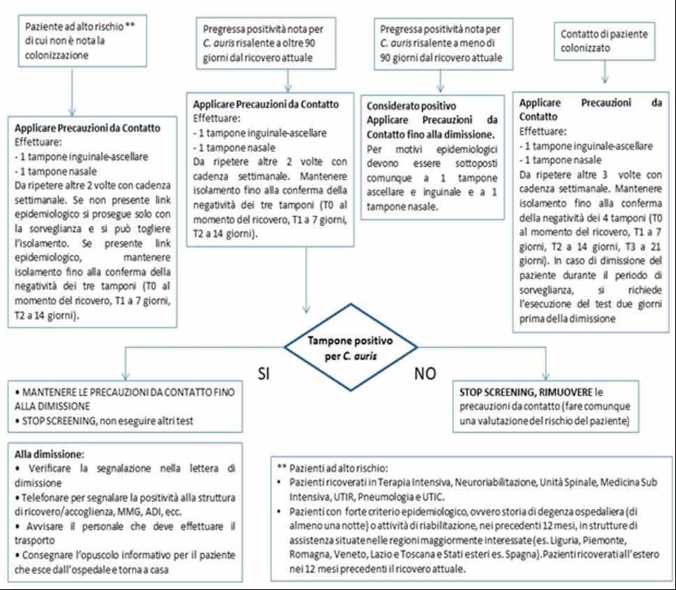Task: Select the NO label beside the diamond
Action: click(426, 374)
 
